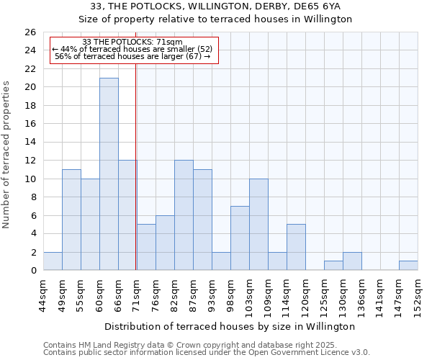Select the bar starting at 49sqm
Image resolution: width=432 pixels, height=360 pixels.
pyautogui.click(x=71, y=220)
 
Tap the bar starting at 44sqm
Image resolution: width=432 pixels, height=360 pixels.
pyautogui.click(x=53, y=261)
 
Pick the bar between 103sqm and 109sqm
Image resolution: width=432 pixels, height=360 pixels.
pyautogui.click(x=258, y=225)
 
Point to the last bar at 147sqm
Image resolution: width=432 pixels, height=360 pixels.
pyautogui.click(x=408, y=266)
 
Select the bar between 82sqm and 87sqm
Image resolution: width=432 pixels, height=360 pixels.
pyautogui.click(x=184, y=215)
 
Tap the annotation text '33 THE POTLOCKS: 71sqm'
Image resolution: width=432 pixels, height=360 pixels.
pyautogui.click(x=132, y=42)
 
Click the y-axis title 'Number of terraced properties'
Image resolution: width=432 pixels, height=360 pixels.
pyautogui.click(x=7, y=155)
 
